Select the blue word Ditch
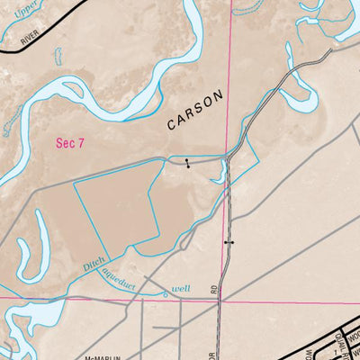[94, 264]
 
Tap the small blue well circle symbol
[166, 292]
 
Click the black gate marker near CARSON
[187, 164]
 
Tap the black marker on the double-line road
[229, 242]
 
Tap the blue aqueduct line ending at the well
[135, 286]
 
